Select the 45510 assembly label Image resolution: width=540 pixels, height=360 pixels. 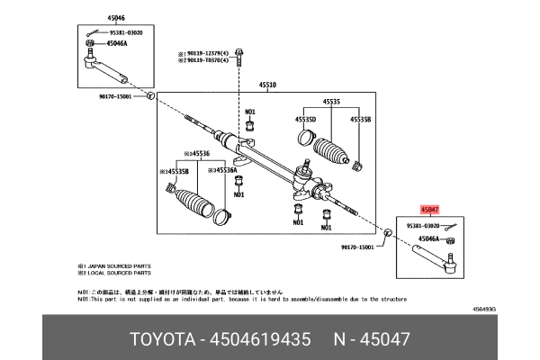[268, 86]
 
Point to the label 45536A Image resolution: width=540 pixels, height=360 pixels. [224, 168]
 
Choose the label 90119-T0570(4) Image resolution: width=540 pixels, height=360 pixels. [207, 60]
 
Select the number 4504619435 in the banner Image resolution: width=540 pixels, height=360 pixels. [261, 340]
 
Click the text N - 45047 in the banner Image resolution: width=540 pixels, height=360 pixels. [371, 340]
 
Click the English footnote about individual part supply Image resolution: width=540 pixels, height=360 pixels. [243, 299]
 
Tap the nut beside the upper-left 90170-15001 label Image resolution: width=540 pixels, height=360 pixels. [150, 94]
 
